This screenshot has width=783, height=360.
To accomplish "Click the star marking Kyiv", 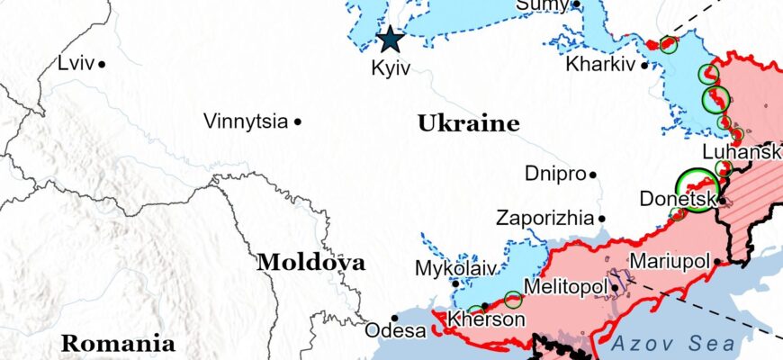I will [390, 39].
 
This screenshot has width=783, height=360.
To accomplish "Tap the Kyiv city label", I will [391, 68].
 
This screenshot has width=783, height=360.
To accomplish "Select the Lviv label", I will [75, 63].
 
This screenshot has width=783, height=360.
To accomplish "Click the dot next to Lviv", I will [103, 64].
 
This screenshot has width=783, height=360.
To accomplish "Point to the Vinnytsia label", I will [246, 121].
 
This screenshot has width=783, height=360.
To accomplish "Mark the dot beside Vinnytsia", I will [298, 121].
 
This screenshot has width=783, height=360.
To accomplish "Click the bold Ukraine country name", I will [468, 124].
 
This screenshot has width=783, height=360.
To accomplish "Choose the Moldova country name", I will [310, 263].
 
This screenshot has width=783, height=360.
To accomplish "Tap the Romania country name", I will [118, 343].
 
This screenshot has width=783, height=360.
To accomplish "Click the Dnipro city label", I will [555, 173].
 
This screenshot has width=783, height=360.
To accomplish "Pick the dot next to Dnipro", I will [593, 174].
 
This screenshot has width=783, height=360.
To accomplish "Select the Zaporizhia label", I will [544, 218].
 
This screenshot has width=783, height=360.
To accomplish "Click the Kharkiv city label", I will [600, 65].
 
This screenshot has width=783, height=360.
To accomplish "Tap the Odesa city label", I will [395, 331].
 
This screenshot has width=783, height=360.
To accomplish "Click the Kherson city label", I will [486, 319].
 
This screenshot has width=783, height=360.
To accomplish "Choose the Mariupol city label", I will [670, 262].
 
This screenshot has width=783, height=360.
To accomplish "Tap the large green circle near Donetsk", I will [697, 190].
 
